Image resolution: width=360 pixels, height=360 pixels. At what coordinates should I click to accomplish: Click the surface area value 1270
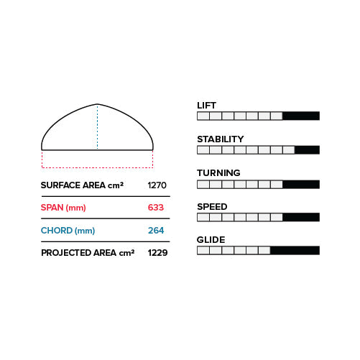tap(157, 185)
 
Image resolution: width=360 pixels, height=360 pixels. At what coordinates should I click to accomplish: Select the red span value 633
tap(156, 208)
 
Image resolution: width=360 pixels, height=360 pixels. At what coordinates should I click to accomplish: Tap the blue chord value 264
tap(156, 231)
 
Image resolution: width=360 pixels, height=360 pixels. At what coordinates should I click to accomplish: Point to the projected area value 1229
tap(157, 253)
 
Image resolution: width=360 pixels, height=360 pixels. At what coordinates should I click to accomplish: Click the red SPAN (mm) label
tap(63, 208)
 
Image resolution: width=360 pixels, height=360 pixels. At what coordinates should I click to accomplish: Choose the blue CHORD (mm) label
tap(68, 231)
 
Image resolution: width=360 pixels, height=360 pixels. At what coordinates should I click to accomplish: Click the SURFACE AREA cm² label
tap(82, 185)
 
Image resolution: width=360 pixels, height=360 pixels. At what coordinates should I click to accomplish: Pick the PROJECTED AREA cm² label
tap(88, 253)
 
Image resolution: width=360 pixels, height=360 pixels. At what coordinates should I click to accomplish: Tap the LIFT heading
tap(206, 106)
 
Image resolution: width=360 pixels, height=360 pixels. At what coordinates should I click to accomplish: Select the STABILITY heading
tap(221, 139)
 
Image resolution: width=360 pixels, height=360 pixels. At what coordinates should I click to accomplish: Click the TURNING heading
tap(218, 173)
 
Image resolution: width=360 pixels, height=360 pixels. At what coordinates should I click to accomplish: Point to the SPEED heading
tap(212, 207)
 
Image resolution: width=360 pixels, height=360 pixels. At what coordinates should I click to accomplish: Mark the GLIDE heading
tap(211, 240)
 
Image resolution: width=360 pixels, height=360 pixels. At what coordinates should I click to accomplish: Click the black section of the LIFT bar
tap(301, 116)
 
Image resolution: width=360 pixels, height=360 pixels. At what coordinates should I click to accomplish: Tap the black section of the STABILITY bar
tap(308, 150)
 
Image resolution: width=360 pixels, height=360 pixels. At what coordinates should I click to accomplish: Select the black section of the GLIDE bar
tap(295, 251)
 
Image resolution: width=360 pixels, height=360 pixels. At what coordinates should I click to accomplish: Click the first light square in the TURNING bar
tap(203, 185)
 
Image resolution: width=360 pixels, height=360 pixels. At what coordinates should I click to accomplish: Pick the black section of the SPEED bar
tap(301, 217)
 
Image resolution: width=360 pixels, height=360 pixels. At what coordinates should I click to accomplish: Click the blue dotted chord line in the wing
tap(98, 127)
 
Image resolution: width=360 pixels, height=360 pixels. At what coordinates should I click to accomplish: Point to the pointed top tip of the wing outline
tap(97, 104)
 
